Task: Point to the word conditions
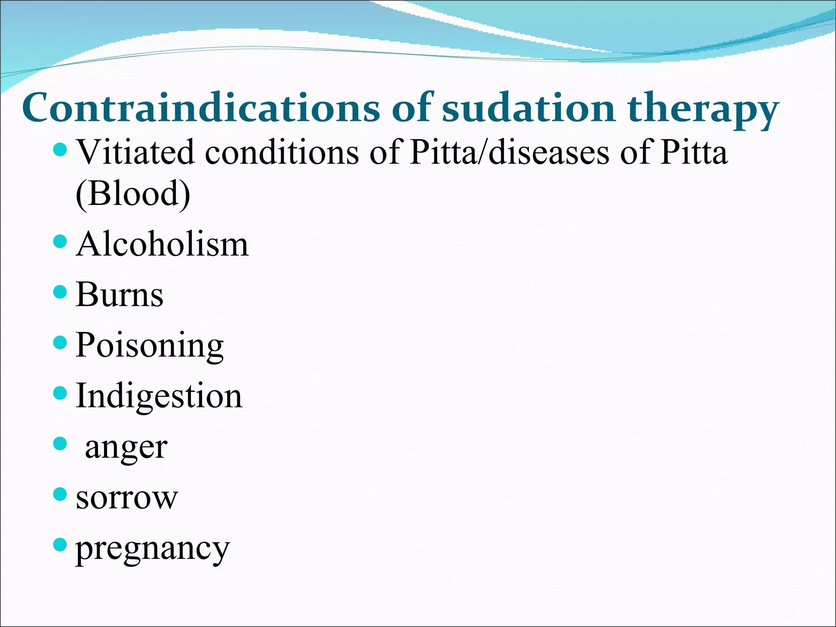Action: pos(282,152)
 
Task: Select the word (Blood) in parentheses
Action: pos(133,193)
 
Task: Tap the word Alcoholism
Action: pos(162,245)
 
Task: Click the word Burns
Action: pos(120,295)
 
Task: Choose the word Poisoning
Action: pos(149,346)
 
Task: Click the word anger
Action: pos(126,447)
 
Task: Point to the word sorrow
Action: pos(127,498)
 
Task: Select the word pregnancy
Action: pos(153,549)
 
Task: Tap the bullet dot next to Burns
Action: pos(60,292)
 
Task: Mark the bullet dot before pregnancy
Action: pos(60,545)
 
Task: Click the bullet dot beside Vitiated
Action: pos(60,149)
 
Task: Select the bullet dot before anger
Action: pos(60,444)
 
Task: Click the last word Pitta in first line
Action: pos(694,152)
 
